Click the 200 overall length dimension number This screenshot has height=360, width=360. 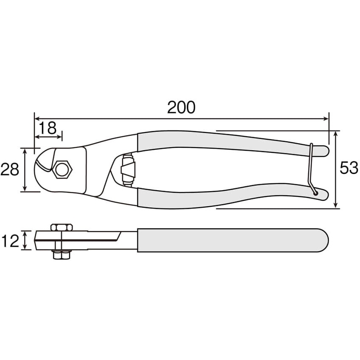click(181, 107)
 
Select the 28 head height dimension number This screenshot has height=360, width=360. click(10, 169)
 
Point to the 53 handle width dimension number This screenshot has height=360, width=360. click(349, 167)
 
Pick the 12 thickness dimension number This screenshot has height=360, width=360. click(10, 241)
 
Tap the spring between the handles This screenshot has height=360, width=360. click(128, 169)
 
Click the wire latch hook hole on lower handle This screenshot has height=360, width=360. click(315, 194)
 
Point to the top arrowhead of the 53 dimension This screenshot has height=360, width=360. click(336, 134)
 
